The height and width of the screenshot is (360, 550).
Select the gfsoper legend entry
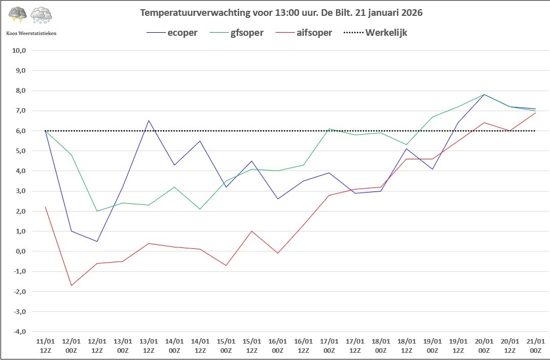(x=237, y=33)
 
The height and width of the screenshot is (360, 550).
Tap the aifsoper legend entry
(x=304, y=33)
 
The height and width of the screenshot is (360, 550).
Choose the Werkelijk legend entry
(x=375, y=33)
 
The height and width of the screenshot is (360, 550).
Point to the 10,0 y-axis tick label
(x=19, y=50)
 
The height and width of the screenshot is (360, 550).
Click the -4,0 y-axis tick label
(x=19, y=332)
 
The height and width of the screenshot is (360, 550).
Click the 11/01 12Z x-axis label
(x=46, y=346)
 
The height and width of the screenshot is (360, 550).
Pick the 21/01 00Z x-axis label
(x=536, y=346)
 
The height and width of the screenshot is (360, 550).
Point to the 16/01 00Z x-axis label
(x=278, y=346)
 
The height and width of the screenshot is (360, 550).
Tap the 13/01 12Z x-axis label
(x=149, y=346)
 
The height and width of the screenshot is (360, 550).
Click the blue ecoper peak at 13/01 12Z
(x=149, y=121)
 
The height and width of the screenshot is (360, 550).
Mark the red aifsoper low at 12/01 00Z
(x=71, y=285)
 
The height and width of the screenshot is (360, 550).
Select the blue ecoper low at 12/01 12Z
(x=97, y=241)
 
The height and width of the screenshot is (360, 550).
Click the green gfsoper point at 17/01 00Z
(x=329, y=129)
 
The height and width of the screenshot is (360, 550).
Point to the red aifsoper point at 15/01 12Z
(x=252, y=231)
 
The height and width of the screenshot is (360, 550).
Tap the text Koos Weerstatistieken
(x=31, y=33)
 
